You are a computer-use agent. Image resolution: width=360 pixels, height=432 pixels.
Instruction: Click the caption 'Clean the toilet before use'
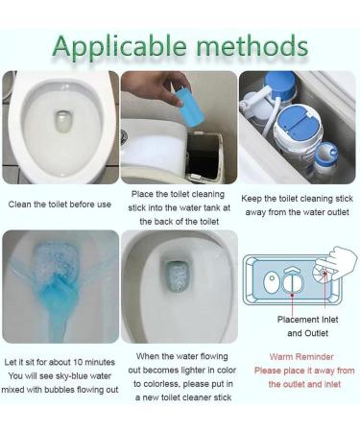(60, 204)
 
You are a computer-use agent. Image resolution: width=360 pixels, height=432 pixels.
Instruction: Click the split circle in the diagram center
(298, 285)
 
